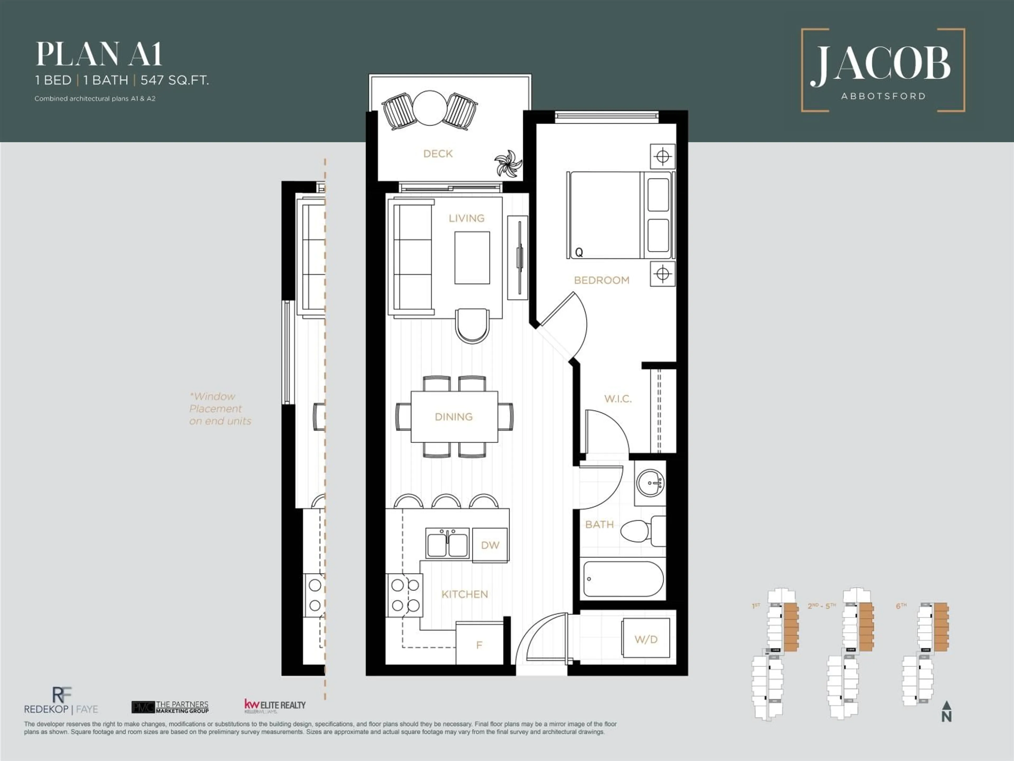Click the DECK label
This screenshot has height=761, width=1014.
tap(438, 154)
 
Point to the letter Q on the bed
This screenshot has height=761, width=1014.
tap(579, 252)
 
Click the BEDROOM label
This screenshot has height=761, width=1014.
tap(602, 280)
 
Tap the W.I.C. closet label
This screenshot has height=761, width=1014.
tap(617, 399)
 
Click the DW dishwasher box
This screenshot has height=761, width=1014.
tap(490, 545)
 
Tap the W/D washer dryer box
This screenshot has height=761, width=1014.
tap(646, 639)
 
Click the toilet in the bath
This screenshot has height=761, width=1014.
tap(640, 531)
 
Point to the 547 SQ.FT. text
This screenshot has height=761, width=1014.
tap(175, 80)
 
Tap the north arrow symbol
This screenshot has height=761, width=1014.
tap(947, 711)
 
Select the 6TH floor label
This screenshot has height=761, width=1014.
tap(901, 606)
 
